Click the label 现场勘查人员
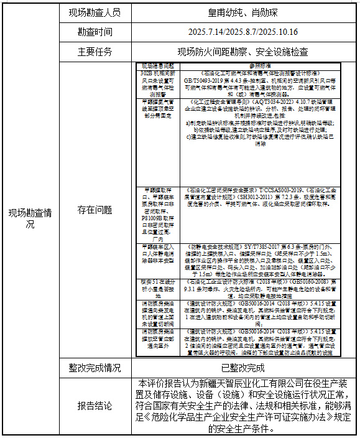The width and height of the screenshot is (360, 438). coord(95,12)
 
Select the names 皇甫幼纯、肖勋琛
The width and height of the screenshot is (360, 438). coord(243,12)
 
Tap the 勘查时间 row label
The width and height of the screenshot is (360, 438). coord(95,31)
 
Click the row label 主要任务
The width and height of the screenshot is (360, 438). coord(95,51)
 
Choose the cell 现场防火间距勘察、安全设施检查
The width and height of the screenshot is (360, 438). coord(243,51)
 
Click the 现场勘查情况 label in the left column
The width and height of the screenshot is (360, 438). coord(30,218)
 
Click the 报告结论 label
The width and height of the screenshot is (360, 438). coord(95,405)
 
